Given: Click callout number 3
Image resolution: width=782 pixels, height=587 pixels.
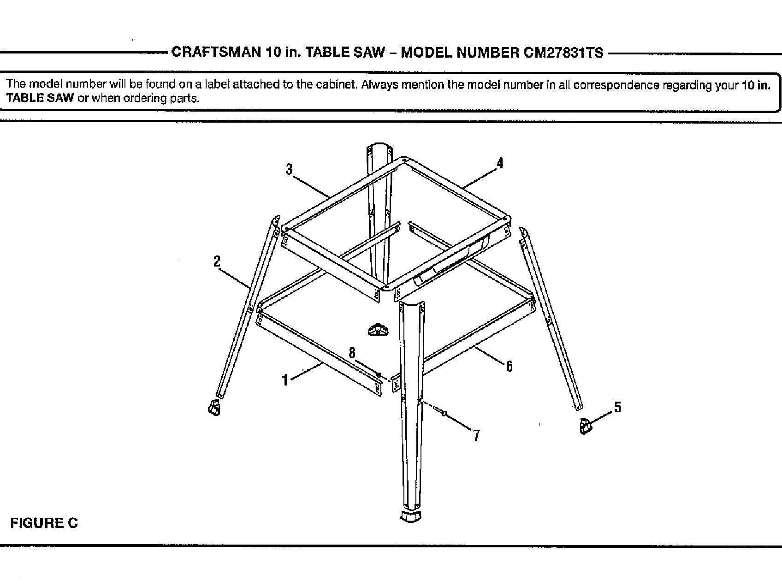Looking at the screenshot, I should click(289, 170).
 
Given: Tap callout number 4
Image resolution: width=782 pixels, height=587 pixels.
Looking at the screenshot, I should click(500, 163).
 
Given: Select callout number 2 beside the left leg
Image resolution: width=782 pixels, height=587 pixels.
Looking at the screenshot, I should click(217, 262).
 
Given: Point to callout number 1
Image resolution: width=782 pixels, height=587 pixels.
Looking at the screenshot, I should click(285, 380).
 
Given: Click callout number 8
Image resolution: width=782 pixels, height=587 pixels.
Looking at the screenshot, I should click(352, 353).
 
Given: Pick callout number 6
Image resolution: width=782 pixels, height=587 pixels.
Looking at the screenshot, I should click(509, 366).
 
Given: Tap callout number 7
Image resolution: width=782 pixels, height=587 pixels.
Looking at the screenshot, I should click(476, 435).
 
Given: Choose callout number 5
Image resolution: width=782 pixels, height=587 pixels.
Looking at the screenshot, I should click(618, 407).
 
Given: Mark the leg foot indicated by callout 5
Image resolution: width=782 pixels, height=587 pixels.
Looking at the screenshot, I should click(585, 426).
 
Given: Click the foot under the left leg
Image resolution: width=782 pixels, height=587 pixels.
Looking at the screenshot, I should click(213, 408).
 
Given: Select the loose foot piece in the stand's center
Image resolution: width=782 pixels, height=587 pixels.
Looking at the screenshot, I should click(379, 330).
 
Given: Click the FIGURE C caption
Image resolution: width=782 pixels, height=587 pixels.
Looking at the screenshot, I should click(44, 523).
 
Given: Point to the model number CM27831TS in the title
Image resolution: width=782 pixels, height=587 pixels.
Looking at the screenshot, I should click(563, 53).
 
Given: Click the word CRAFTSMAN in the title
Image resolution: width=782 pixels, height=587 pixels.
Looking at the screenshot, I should click(216, 52).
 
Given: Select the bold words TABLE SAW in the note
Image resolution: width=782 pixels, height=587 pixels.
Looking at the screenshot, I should click(40, 98).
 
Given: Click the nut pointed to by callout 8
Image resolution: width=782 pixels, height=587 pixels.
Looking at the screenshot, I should click(379, 375).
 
